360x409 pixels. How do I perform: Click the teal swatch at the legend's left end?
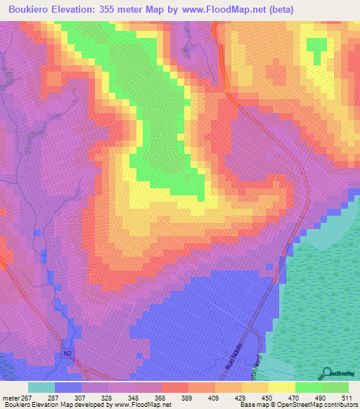pos(41,387)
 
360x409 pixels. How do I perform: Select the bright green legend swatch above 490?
pos(308,387)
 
